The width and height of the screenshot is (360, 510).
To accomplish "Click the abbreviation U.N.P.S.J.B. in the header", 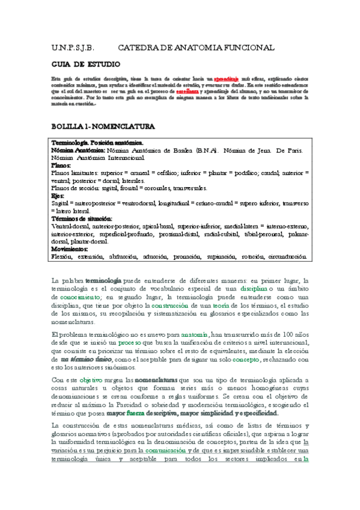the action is pos(71,47).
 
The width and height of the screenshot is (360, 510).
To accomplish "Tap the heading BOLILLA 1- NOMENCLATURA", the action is pos(103,127).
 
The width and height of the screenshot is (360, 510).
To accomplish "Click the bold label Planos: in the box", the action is pos(63,165).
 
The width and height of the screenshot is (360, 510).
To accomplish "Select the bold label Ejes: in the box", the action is pos(59,196).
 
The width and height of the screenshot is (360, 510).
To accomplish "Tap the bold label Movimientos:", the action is pos(71,248).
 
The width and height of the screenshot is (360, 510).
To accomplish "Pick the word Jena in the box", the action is pos(266,150).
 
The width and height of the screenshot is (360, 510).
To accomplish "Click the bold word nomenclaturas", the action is pos(155,380).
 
